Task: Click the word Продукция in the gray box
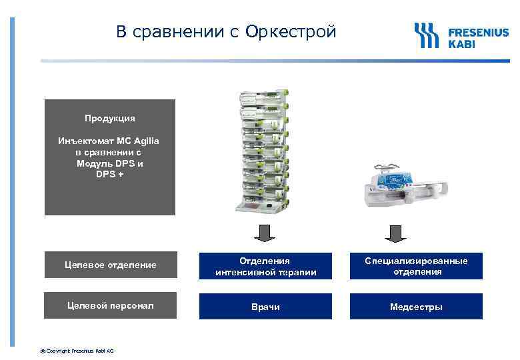coord(110,118)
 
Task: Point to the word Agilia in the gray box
coord(141,141)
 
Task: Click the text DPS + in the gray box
coord(110,174)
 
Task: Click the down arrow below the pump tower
coord(265,233)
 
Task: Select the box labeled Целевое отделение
coord(111,265)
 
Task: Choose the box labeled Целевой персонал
coord(111,305)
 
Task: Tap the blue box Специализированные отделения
coord(417,266)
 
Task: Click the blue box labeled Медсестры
coord(417,307)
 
